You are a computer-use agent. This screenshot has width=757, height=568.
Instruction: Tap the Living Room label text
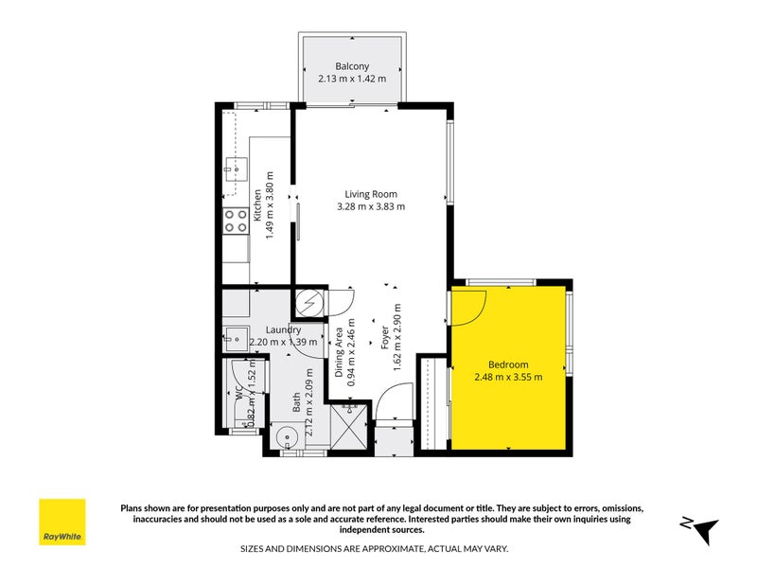(x=371, y=194)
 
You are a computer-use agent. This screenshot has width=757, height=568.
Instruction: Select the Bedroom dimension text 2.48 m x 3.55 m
(x=508, y=378)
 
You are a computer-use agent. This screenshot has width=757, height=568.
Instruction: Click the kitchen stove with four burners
(x=235, y=221)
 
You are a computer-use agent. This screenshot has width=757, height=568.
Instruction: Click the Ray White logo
(x=62, y=523)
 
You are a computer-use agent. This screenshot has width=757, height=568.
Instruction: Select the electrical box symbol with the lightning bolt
(x=308, y=303)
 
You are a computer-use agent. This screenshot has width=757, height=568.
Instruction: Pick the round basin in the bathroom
(x=288, y=437)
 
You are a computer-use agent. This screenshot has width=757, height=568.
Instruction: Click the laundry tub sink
(x=235, y=337)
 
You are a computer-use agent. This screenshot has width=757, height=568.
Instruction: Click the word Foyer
(x=385, y=339)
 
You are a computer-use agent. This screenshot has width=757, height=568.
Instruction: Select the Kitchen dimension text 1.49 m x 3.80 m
(x=270, y=204)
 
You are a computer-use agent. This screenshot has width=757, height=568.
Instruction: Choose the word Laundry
(x=256, y=329)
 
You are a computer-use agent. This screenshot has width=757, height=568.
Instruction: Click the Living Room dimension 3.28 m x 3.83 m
(x=371, y=206)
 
